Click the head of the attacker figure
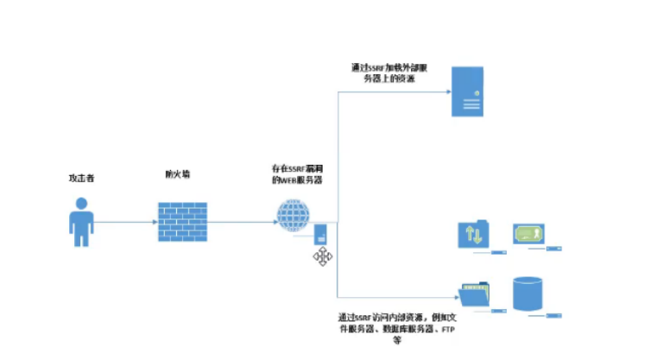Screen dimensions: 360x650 point(81,205)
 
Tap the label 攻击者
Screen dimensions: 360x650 point(81,178)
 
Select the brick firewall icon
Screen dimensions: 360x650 point(182,222)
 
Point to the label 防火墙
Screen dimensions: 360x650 point(178,174)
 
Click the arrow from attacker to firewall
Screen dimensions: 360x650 point(125,222)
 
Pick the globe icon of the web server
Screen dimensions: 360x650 point(293,216)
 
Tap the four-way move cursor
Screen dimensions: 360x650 point(323,256)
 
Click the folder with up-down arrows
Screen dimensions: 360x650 point(474,235)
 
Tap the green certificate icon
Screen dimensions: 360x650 point(528,235)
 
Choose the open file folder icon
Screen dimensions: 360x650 point(476,294)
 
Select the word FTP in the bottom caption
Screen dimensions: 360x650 point(447,330)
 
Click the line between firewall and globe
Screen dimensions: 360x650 point(242,222)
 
